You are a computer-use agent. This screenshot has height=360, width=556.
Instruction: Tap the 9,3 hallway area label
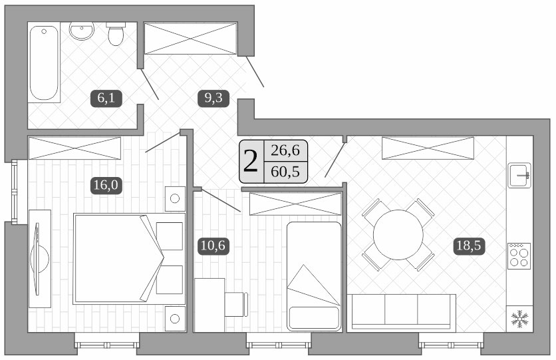pos(213,99)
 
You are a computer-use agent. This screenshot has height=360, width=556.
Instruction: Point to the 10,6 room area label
pos(213,246)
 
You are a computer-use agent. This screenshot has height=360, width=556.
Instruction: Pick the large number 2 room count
pos(251,161)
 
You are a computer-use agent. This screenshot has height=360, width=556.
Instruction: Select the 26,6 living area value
pos(285,151)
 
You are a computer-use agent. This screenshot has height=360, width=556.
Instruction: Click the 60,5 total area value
pos(285,172)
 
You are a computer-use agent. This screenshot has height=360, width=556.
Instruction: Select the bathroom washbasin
pos(82,31)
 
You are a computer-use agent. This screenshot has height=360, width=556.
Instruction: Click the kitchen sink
pos(519,176)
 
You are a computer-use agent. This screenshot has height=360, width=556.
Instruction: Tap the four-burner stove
pos(519,255)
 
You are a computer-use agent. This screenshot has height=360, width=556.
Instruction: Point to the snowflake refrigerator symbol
pos(519,318)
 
